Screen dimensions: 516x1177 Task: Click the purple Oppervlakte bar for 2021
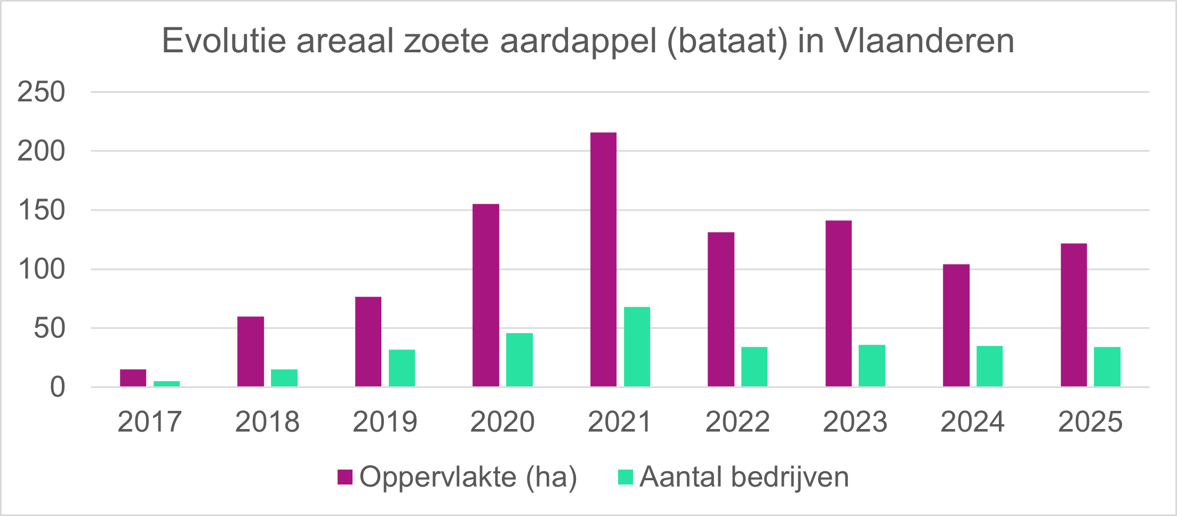[603, 259]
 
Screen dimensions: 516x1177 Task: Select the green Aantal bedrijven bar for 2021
[637, 346]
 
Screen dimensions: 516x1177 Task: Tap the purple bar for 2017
[133, 378]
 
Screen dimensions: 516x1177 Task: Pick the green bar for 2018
[284, 378]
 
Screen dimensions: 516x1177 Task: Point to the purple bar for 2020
[486, 295]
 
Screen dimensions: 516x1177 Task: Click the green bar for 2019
[402, 368]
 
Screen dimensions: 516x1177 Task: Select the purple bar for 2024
[956, 325]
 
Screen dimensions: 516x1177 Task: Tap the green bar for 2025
[1107, 367]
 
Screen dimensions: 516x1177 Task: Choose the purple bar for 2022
[721, 309]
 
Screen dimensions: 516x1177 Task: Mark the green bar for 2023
[872, 366]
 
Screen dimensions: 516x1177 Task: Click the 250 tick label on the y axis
[41, 92]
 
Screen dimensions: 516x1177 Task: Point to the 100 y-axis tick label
[41, 269]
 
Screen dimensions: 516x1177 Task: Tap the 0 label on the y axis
[58, 387]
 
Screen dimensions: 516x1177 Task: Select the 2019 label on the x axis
[385, 422]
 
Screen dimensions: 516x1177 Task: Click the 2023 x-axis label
[855, 422]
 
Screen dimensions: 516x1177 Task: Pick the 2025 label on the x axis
[1090, 422]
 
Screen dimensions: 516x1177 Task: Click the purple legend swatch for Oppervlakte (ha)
[345, 477]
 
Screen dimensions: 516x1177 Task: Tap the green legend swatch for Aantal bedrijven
[625, 477]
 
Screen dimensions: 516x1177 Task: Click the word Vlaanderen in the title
[924, 41]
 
